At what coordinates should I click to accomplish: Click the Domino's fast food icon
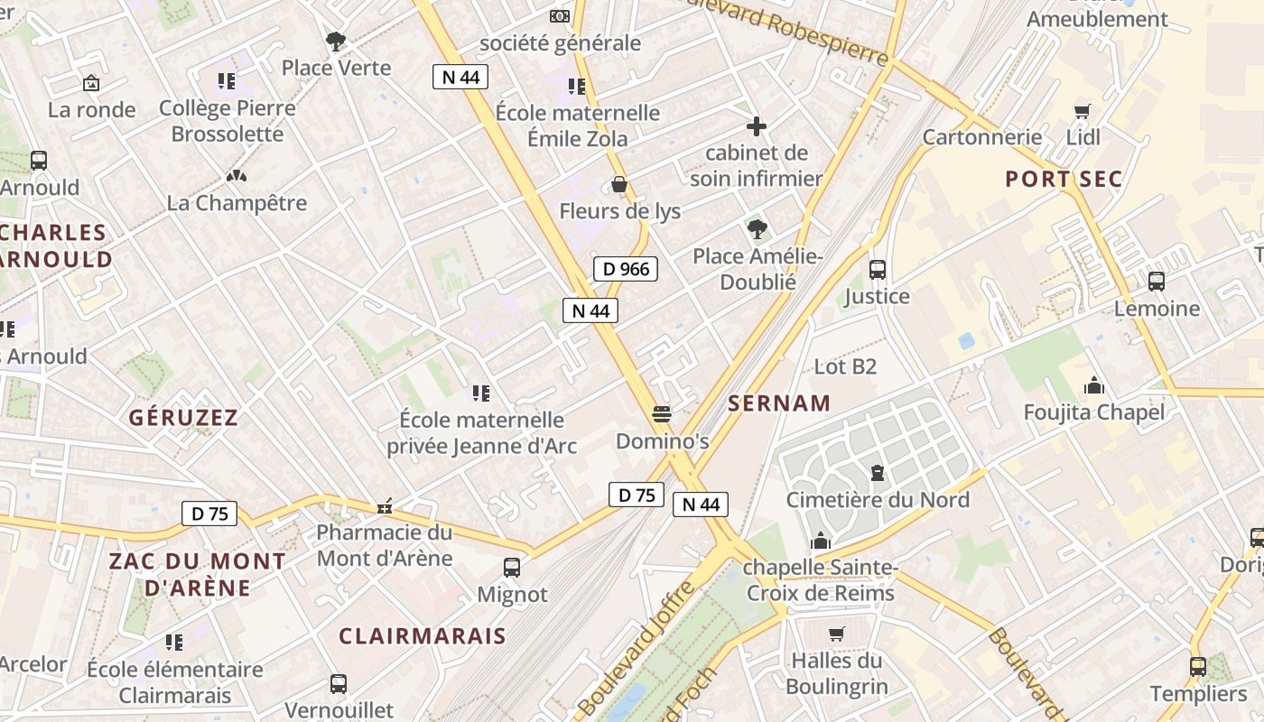pyautogui.click(x=662, y=414)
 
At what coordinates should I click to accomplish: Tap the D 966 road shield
pyautogui.click(x=626, y=269)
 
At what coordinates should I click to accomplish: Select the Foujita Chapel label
pyautogui.click(x=1093, y=412)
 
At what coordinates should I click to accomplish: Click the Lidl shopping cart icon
pyautogui.click(x=1083, y=112)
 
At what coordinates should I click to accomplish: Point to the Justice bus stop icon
pyautogui.click(x=877, y=269)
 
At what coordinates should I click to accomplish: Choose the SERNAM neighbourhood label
pyautogui.click(x=779, y=403)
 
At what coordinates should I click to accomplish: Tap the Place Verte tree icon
pyautogui.click(x=336, y=42)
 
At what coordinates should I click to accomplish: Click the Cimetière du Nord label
pyautogui.click(x=878, y=500)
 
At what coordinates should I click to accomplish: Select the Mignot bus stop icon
pyautogui.click(x=512, y=568)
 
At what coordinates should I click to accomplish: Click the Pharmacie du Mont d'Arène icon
pyautogui.click(x=386, y=506)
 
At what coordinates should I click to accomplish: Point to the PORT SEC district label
pyautogui.click(x=1064, y=179)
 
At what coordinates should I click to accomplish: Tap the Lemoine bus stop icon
pyautogui.click(x=1157, y=282)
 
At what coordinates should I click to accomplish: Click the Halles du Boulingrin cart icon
pyautogui.click(x=837, y=634)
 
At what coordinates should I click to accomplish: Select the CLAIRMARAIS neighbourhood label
pyautogui.click(x=423, y=635)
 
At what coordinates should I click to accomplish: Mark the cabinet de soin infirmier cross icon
pyautogui.click(x=757, y=126)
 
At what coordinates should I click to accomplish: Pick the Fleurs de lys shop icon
pyautogui.click(x=619, y=185)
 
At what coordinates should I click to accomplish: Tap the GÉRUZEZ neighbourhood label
pyautogui.click(x=183, y=417)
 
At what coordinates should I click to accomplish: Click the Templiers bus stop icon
pyautogui.click(x=1198, y=667)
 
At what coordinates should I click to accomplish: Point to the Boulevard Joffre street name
pyautogui.click(x=637, y=648)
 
